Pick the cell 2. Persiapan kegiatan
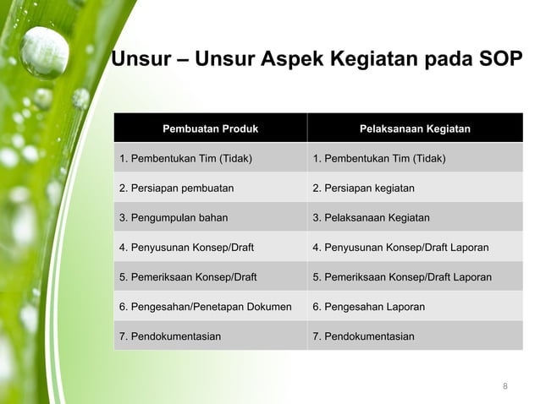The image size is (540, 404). [x=364, y=188]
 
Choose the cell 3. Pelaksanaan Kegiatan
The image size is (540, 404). [x=371, y=218]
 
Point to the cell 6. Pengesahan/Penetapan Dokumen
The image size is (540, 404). [x=206, y=307]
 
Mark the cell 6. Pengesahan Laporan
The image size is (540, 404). [x=369, y=307]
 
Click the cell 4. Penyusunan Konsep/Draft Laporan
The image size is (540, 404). [x=400, y=248]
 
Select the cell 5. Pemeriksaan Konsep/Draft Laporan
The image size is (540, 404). [x=402, y=277]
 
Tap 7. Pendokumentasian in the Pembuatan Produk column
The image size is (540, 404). [x=170, y=336]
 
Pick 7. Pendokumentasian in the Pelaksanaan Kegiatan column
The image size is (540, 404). [x=364, y=336]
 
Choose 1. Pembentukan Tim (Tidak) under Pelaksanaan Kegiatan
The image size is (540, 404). [x=379, y=159]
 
